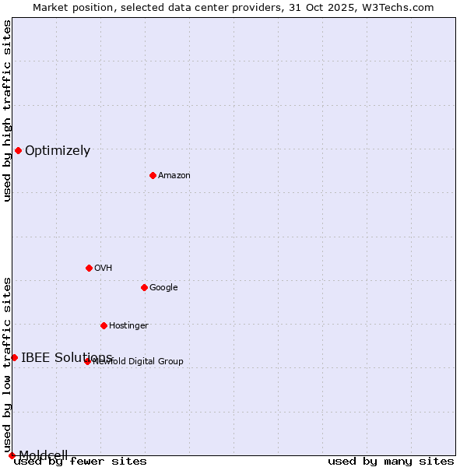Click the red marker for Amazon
(x=153, y=175)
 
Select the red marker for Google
(x=144, y=287)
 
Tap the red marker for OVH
(x=89, y=268)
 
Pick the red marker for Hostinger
(x=104, y=325)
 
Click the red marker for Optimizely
(x=18, y=150)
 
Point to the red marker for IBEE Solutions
(x=14, y=357)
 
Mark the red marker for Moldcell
(x=12, y=455)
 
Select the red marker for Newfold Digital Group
(x=87, y=361)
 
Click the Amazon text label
(x=174, y=176)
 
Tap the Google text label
(x=163, y=288)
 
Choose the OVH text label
(x=104, y=269)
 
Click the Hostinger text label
(x=128, y=326)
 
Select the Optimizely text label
(x=58, y=151)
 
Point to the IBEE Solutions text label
(x=67, y=358)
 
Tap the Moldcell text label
(x=44, y=455)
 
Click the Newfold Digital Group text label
(x=138, y=362)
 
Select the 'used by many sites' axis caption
(x=391, y=462)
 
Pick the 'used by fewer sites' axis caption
(x=80, y=462)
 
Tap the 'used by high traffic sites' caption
(x=8, y=111)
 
